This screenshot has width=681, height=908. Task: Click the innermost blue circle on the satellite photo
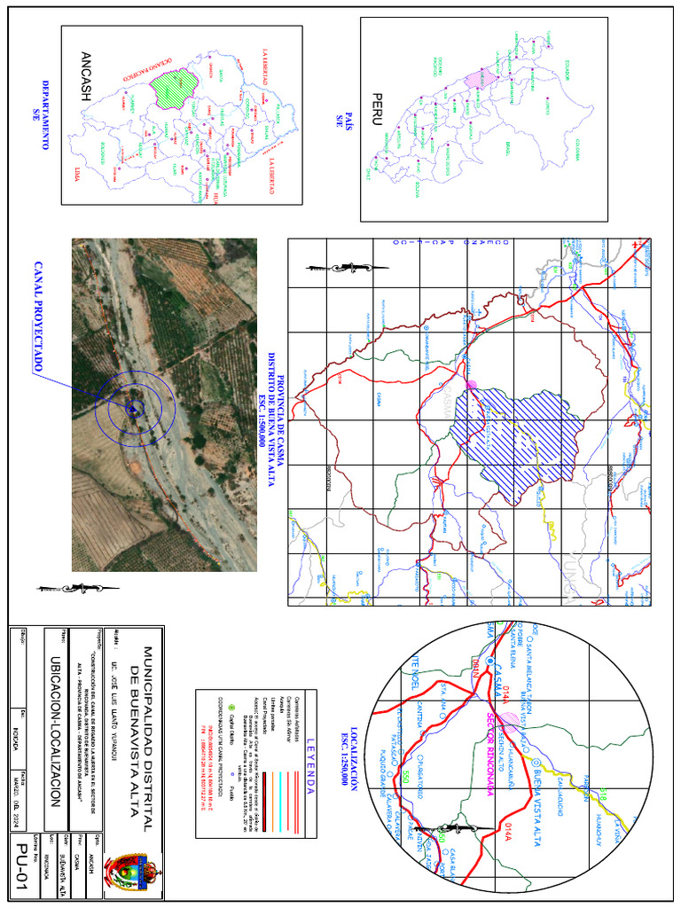click(133, 409)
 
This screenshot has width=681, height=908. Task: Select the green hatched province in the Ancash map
click(172, 88)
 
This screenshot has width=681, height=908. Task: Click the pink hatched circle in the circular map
click(508, 720)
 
